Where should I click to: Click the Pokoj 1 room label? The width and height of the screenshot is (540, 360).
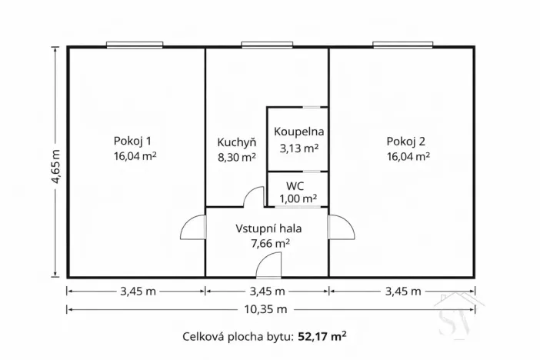(x=133, y=141)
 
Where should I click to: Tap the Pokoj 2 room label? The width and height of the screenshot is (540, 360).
(x=407, y=141)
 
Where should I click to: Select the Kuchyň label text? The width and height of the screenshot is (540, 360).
(x=236, y=142)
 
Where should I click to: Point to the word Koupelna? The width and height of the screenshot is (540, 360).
(x=298, y=132)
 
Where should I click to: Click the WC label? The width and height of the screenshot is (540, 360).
(x=296, y=186)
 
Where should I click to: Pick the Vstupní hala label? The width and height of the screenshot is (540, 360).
(x=268, y=228)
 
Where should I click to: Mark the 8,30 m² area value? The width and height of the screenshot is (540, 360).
(x=237, y=157)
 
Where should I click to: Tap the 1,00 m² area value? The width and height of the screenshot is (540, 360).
(x=297, y=198)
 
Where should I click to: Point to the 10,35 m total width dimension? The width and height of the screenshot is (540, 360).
(x=268, y=310)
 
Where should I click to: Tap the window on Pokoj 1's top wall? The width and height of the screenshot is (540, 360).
(x=135, y=45)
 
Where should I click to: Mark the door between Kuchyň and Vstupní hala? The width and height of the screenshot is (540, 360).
(x=252, y=198)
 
